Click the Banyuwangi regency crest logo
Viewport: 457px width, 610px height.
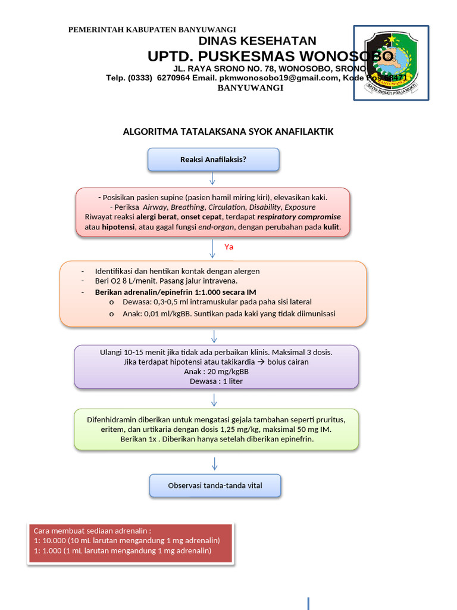tap(391, 63)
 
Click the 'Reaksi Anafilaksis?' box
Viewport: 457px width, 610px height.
tap(213, 160)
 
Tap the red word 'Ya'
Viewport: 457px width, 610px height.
tap(228, 247)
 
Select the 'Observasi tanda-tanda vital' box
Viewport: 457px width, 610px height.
tap(215, 485)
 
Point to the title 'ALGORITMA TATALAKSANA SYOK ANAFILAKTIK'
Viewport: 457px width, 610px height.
tap(228, 132)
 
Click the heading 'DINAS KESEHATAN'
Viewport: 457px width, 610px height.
tap(257, 41)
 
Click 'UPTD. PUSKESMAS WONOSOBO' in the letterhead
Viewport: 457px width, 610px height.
tap(270, 57)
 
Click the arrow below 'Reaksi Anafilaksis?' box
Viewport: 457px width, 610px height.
tap(213, 179)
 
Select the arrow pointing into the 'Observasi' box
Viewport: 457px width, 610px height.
tap(214, 463)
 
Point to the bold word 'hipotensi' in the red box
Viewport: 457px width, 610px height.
tap(118, 227)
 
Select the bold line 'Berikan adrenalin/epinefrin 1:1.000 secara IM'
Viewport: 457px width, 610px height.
tap(176, 292)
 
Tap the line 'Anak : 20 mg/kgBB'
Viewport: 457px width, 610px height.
tap(216, 372)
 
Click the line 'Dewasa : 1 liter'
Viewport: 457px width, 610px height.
tap(216, 381)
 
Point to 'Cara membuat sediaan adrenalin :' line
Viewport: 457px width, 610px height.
tap(92, 531)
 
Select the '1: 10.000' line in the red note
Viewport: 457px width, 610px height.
tap(127, 540)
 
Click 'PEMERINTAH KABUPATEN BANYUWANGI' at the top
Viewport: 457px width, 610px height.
tap(152, 30)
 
